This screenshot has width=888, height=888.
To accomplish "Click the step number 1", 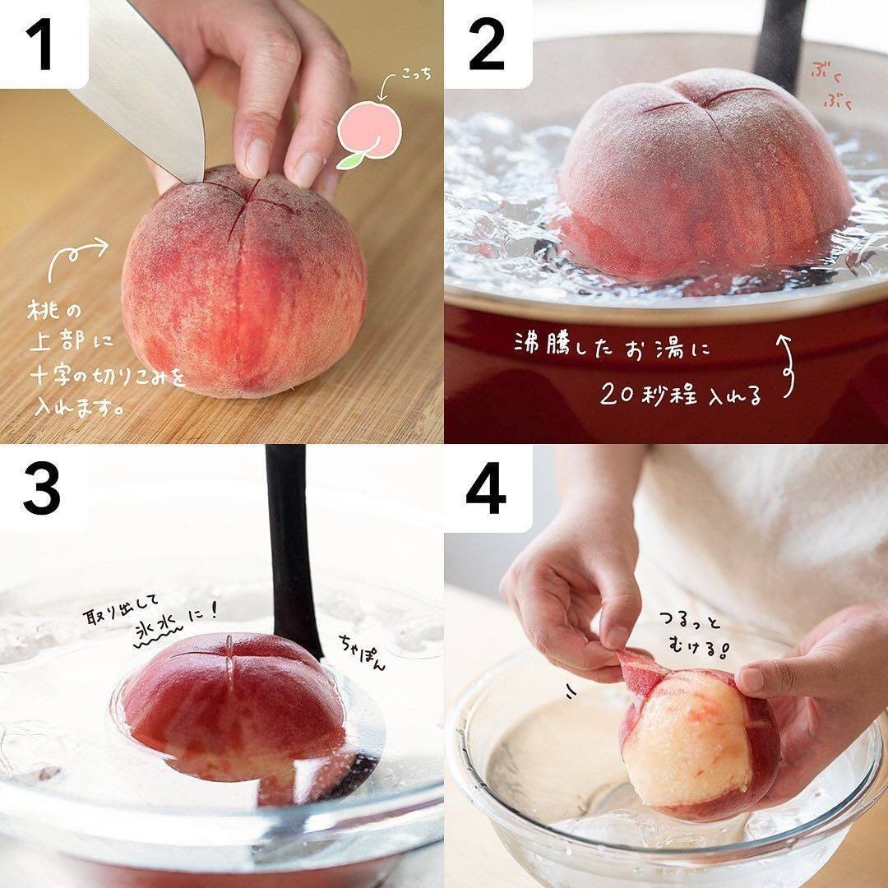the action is click(41, 44).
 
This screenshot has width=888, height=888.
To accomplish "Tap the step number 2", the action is click(487, 44).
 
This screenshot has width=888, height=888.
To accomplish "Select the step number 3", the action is click(41, 490).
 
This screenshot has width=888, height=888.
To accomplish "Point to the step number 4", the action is click(486, 490).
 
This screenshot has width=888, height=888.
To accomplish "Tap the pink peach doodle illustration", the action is click(368, 134).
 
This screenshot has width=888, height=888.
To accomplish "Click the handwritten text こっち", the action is click(416, 74).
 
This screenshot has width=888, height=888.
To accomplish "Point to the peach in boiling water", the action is click(705, 176).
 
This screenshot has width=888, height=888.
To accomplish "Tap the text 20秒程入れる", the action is click(681, 395).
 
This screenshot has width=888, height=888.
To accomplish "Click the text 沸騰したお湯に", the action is click(612, 345).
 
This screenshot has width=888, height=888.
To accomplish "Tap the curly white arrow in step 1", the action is click(76, 256).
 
